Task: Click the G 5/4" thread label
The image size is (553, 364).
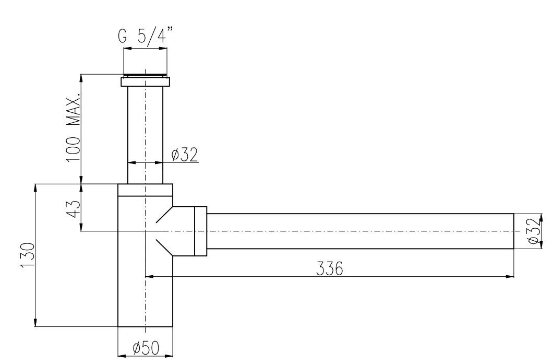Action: (146, 36)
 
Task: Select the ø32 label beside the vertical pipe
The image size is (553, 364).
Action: (185, 155)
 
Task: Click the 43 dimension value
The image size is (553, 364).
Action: (74, 209)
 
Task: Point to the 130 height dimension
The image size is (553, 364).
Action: (28, 255)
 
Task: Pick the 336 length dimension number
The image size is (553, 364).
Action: (329, 268)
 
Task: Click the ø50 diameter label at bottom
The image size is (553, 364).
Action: (146, 348)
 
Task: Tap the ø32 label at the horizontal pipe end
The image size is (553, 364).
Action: (535, 231)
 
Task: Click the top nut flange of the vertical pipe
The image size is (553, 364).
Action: (146, 81)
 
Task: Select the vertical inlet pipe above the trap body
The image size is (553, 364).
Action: (146, 135)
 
